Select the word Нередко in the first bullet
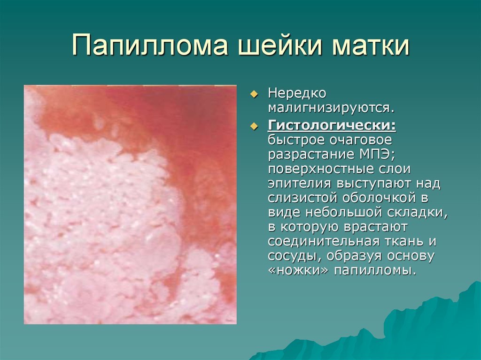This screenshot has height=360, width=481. click(297, 93)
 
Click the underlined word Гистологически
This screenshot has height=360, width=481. click(332, 125)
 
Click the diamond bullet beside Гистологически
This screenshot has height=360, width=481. click(255, 126)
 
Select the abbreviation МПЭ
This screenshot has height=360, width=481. click(376, 154)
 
